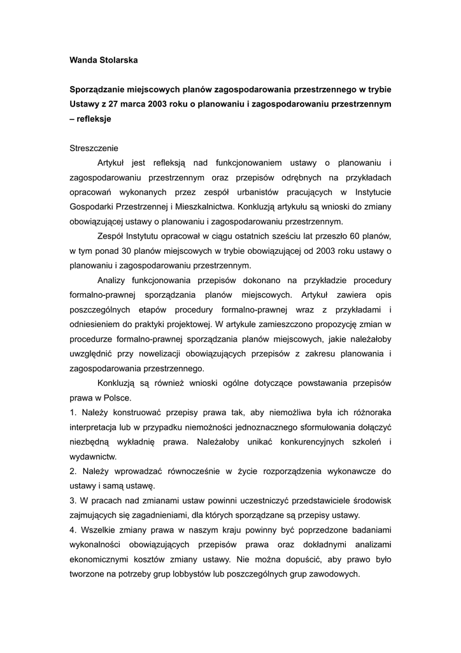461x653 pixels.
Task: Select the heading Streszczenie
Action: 94,148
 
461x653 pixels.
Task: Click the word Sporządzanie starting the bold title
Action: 100,89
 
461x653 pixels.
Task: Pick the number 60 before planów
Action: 355,236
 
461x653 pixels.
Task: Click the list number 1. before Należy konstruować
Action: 73,412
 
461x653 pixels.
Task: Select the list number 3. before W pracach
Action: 73,500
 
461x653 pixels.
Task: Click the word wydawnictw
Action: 93,456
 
